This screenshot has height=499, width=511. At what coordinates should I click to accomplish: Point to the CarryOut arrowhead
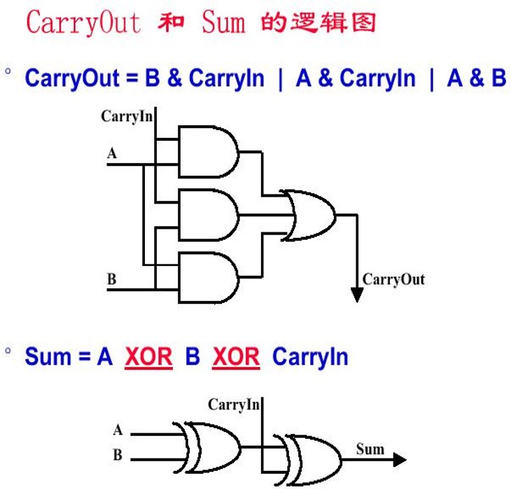click(357, 294)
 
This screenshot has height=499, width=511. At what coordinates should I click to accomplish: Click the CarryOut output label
click(393, 280)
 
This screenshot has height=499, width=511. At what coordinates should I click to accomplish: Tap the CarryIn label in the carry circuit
click(127, 116)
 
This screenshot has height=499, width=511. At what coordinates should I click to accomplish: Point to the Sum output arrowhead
click(399, 460)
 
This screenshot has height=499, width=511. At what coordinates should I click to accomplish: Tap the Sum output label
click(370, 449)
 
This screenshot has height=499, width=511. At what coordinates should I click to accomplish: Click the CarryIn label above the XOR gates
click(234, 405)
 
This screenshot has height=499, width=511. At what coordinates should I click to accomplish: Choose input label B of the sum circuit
click(118, 455)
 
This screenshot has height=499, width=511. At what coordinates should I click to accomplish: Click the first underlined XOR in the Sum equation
click(148, 357)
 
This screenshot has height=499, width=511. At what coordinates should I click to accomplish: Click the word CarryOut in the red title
click(83, 22)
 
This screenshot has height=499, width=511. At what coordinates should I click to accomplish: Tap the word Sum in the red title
click(224, 22)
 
